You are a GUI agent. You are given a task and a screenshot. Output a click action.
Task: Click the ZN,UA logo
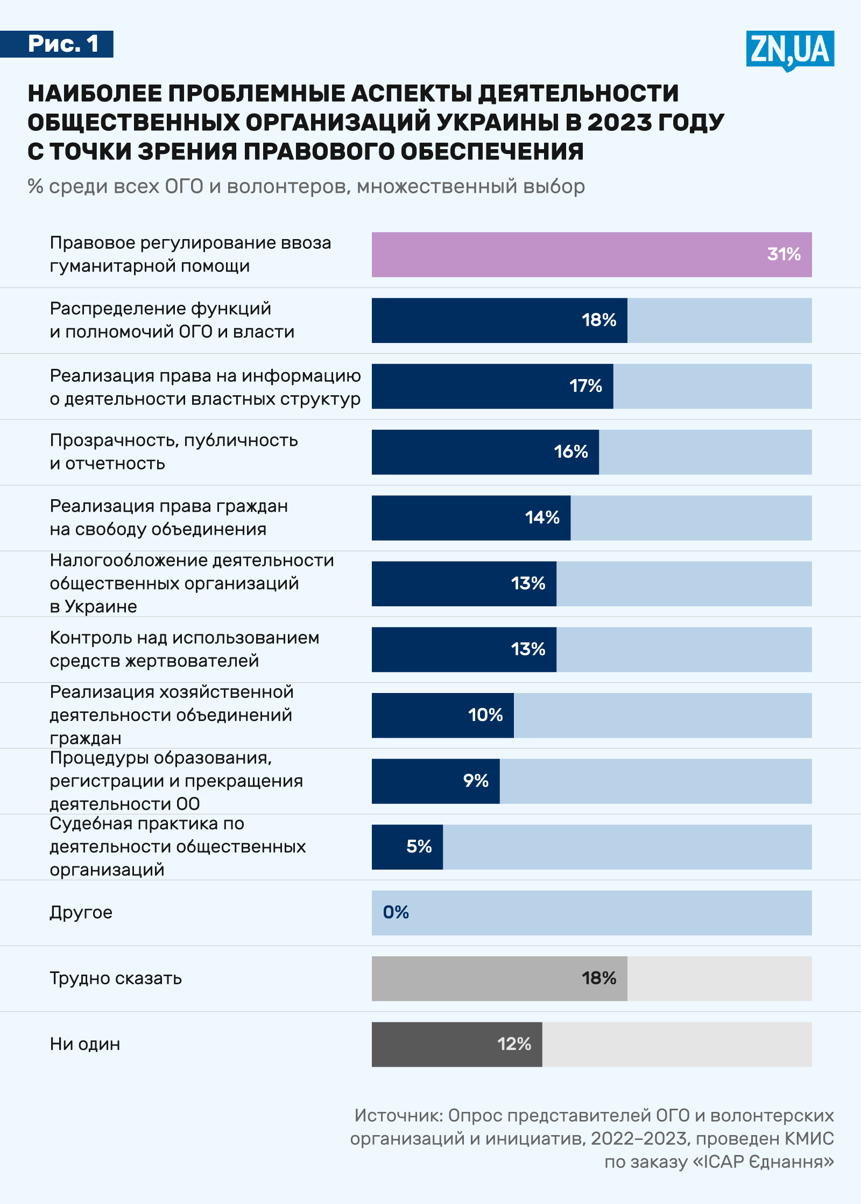[x=789, y=50]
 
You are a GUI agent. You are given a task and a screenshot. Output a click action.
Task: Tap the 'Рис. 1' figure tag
[x=63, y=44]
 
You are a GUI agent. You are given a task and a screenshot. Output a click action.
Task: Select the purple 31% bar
[x=591, y=255]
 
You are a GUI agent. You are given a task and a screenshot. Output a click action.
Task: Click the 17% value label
[x=585, y=386]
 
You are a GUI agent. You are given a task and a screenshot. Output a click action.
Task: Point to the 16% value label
[x=571, y=452]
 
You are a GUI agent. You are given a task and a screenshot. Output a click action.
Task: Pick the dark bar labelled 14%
[x=471, y=518]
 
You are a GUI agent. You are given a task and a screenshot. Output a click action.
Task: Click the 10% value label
[x=485, y=715]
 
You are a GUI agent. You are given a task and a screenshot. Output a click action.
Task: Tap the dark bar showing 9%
[x=435, y=781]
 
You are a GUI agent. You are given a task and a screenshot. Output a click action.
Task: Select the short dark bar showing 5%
[x=407, y=847]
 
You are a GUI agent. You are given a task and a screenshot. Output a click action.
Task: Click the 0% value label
[x=396, y=913]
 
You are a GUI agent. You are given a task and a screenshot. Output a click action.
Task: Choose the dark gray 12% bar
[x=456, y=1045]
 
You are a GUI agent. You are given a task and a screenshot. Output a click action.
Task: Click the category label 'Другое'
[x=81, y=913]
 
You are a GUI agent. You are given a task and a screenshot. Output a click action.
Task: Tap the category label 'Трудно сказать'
[x=116, y=978]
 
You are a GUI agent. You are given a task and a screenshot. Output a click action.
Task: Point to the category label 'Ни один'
[x=85, y=1044]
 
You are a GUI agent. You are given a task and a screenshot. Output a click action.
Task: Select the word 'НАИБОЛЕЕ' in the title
[x=95, y=94]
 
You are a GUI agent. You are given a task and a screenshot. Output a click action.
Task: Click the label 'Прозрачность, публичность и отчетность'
[x=174, y=452]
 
